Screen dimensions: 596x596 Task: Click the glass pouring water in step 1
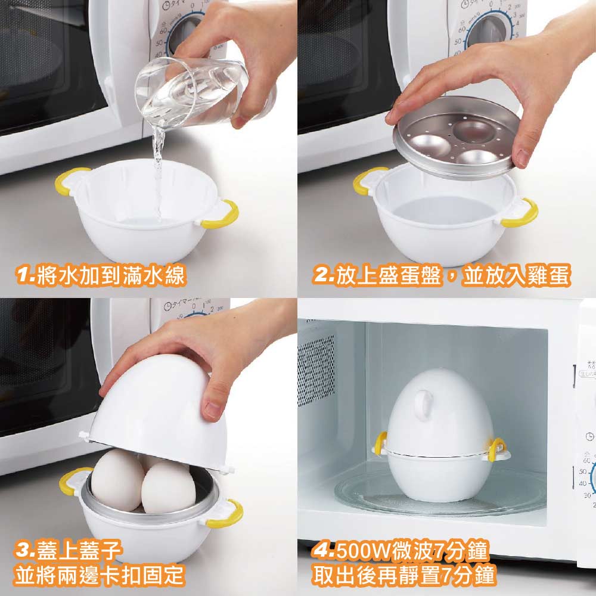click(x=192, y=93)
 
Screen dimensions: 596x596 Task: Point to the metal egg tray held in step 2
click(x=456, y=137)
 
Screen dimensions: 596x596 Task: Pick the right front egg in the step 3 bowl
click(x=169, y=488)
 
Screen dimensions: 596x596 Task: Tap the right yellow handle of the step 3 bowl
click(x=226, y=515)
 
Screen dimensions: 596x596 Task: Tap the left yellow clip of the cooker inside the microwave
click(x=380, y=443)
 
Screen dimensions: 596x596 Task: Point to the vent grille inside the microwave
click(x=316, y=371)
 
